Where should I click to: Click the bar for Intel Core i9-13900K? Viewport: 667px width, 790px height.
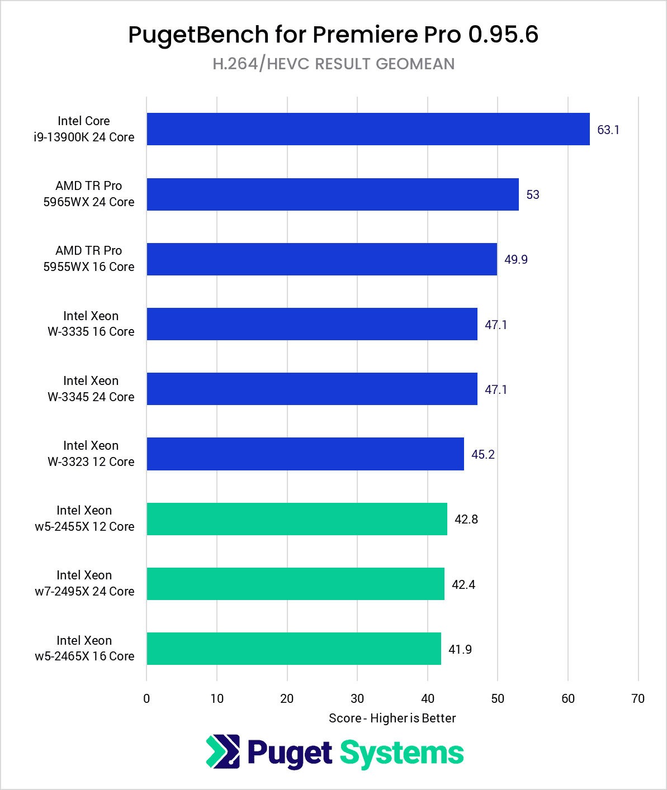point(368,129)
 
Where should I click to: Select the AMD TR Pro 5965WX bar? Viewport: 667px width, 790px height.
point(333,194)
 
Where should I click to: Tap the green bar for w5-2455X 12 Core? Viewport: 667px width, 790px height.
point(297,519)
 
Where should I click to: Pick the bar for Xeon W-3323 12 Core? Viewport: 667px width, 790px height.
point(305,454)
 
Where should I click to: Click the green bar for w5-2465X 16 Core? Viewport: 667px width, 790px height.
point(294,649)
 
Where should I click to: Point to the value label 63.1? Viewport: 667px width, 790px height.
point(608,130)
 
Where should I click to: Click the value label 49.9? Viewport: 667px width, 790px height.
point(515,259)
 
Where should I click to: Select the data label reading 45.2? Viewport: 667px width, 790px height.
point(482,454)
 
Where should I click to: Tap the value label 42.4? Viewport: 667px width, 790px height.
point(463,584)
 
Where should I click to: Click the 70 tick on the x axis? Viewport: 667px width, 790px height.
point(638,698)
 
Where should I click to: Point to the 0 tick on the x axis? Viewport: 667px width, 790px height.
point(146,698)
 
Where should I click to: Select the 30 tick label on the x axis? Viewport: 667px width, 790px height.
point(357,698)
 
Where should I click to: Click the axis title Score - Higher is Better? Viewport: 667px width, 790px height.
point(392,718)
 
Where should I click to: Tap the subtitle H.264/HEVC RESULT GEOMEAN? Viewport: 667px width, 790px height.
point(333,64)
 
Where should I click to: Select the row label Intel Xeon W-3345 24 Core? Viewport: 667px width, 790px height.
point(91,389)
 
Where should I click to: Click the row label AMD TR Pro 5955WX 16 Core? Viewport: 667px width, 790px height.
point(89,259)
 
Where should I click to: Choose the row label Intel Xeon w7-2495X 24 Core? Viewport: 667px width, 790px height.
point(84,583)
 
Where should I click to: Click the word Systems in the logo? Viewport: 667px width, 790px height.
point(401,753)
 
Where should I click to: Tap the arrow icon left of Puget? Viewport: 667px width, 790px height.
point(223,751)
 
